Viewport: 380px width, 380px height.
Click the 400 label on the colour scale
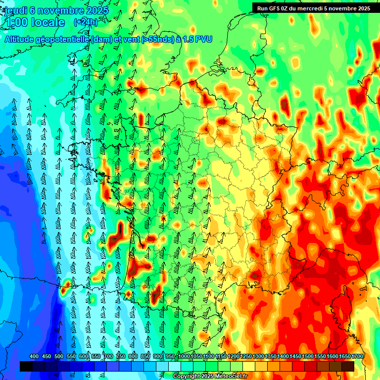(34, 356)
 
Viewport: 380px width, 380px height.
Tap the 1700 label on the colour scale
(357, 356)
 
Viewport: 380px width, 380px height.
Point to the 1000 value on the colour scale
(184, 356)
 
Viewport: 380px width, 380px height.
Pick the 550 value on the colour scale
(71, 356)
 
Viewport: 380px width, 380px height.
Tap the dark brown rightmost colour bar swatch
(348, 366)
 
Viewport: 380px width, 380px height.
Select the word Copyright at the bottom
(187, 377)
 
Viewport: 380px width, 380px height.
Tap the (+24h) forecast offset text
(86, 22)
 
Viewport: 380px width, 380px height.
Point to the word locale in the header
(48, 23)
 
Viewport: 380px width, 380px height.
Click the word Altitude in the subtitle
(19, 40)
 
